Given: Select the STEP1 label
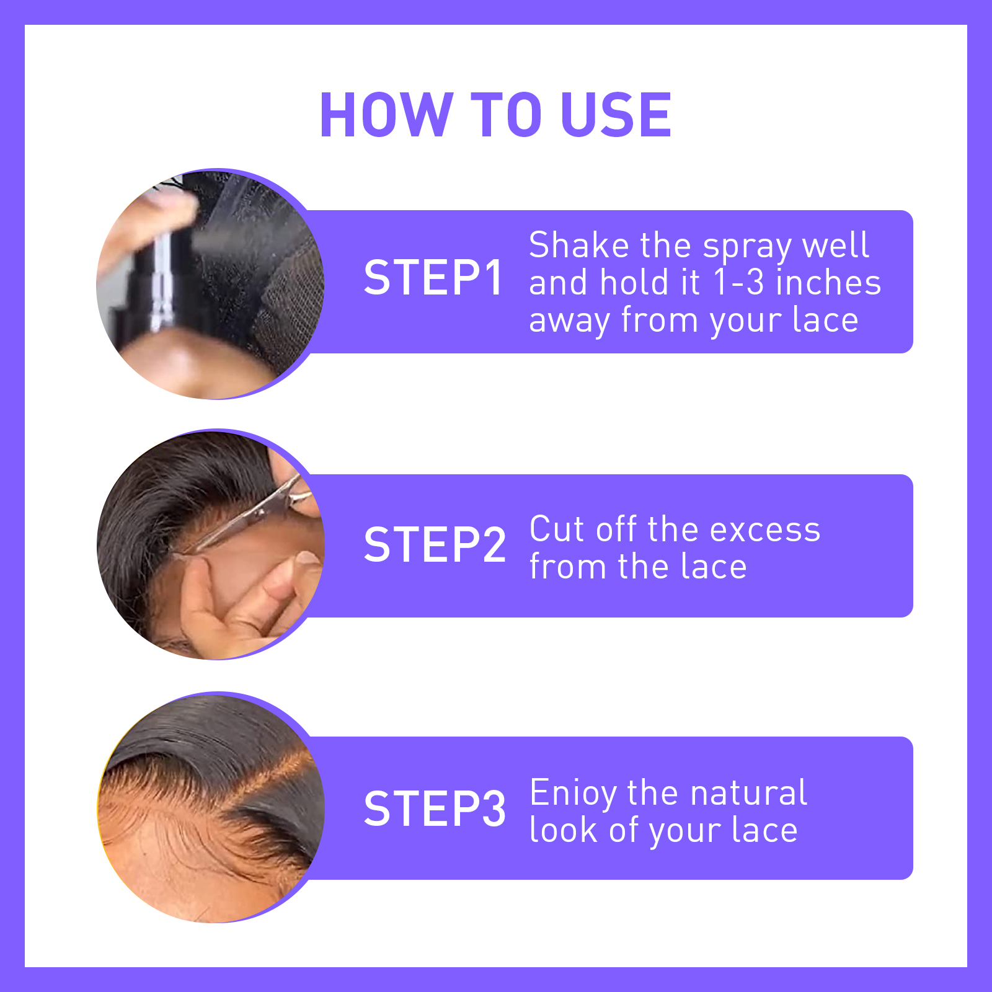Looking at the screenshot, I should (x=433, y=278).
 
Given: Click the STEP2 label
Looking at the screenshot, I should (x=435, y=545).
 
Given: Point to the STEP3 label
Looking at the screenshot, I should (x=435, y=808).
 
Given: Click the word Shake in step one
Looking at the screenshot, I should (x=579, y=245).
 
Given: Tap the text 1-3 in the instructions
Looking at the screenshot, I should (x=738, y=283).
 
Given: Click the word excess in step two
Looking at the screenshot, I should (x=765, y=530).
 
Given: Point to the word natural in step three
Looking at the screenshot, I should (x=748, y=793).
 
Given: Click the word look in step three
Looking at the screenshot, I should (x=564, y=830).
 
